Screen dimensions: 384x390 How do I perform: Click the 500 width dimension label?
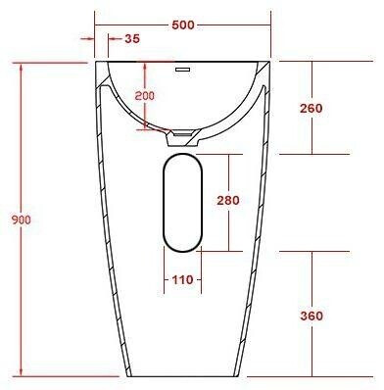click(183, 24)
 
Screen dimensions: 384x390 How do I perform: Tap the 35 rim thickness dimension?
click(132, 38)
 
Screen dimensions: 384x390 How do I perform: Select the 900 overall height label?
click(22, 219)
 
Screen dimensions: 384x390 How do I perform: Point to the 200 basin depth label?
click(145, 96)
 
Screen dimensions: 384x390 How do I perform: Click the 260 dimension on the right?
click(312, 108)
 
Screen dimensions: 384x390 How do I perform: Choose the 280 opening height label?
click(228, 200)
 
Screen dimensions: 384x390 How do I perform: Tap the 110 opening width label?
click(182, 280)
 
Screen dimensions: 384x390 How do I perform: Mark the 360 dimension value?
click(312, 316)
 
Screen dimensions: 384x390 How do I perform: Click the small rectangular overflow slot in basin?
click(182, 70)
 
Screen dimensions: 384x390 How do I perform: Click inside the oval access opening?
click(183, 203)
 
